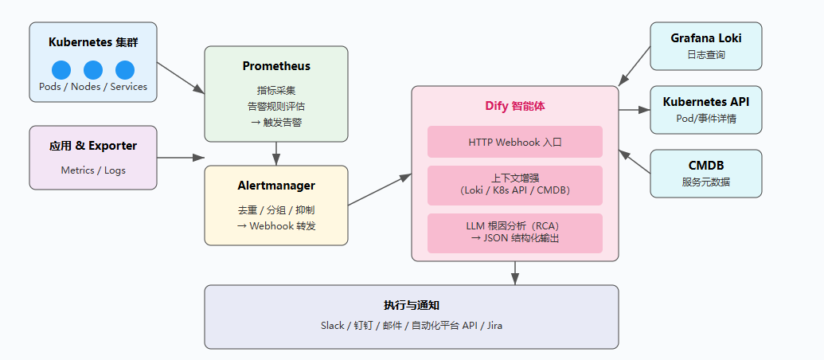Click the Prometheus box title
[x=276, y=66]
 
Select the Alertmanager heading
[x=276, y=186]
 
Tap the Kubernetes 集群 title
[x=93, y=42]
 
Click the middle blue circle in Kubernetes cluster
[x=93, y=69]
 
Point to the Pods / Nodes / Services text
[x=93, y=87]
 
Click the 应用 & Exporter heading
[x=93, y=146]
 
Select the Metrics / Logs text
[x=93, y=170]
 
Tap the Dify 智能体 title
[x=515, y=105]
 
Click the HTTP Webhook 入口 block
[x=515, y=142]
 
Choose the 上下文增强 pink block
[x=515, y=184]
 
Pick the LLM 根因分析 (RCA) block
[x=515, y=232]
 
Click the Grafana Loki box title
[x=705, y=38]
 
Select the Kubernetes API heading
[x=705, y=102]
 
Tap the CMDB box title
[x=705, y=166]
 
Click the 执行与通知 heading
[x=412, y=305]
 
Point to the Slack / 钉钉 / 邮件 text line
[x=412, y=325]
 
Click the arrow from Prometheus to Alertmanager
[x=276, y=153]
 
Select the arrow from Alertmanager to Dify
[x=379, y=190]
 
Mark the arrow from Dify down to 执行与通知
[x=515, y=273]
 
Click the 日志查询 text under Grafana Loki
[x=705, y=55]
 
